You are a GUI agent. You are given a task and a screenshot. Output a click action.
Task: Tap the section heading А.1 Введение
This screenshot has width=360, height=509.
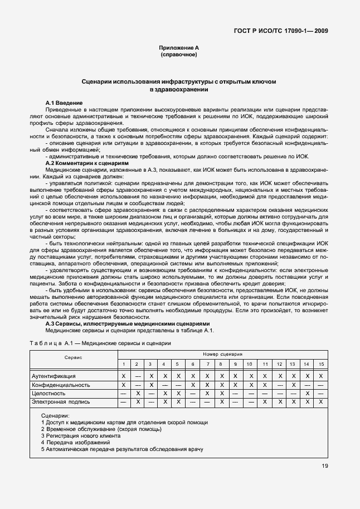point(64,104)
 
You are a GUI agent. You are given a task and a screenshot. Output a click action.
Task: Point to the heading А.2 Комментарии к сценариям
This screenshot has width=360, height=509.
point(87,163)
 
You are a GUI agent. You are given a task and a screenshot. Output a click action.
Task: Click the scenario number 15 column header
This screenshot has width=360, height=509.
point(320,364)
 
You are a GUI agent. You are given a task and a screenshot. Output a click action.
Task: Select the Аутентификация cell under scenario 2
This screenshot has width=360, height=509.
point(137,377)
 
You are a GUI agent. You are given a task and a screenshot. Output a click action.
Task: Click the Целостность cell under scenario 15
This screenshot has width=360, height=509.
point(320,394)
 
